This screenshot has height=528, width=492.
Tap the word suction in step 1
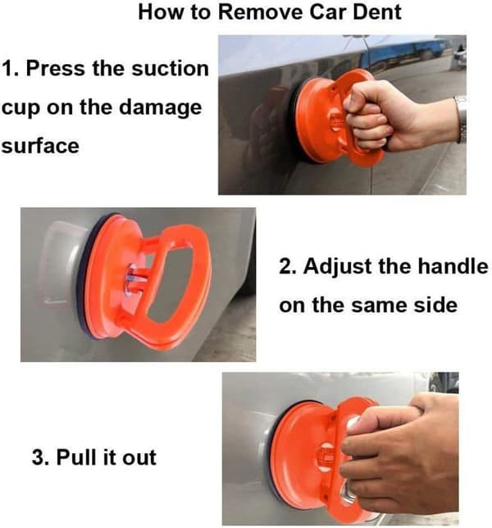click(170, 69)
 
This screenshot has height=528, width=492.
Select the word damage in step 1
click(160, 108)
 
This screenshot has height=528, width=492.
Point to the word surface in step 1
click(40, 146)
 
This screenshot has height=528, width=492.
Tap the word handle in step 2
click(453, 266)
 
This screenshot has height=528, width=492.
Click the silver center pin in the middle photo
click(134, 279)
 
